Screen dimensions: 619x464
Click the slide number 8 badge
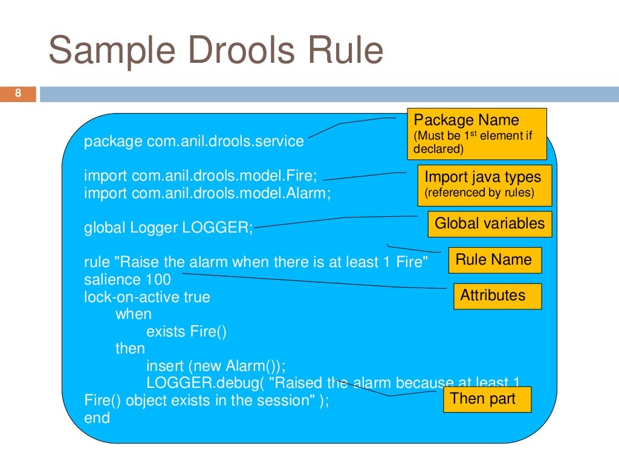click(x=18, y=94)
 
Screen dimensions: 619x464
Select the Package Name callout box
click(x=476, y=134)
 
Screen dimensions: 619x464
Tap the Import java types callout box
click(x=484, y=185)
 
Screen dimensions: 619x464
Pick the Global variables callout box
click(x=490, y=224)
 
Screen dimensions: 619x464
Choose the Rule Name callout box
click(x=494, y=260)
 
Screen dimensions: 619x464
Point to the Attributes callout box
click(x=497, y=295)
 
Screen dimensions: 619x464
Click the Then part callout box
click(x=487, y=399)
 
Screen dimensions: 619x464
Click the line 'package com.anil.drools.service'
click(x=194, y=141)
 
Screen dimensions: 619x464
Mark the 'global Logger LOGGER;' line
click(x=169, y=228)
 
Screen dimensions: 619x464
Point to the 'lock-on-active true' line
click(x=147, y=297)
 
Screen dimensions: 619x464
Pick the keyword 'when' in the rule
click(x=133, y=315)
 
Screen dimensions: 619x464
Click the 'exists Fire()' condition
click(x=186, y=332)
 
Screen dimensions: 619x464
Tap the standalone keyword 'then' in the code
click(x=130, y=349)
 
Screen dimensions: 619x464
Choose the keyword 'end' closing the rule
click(x=97, y=417)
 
